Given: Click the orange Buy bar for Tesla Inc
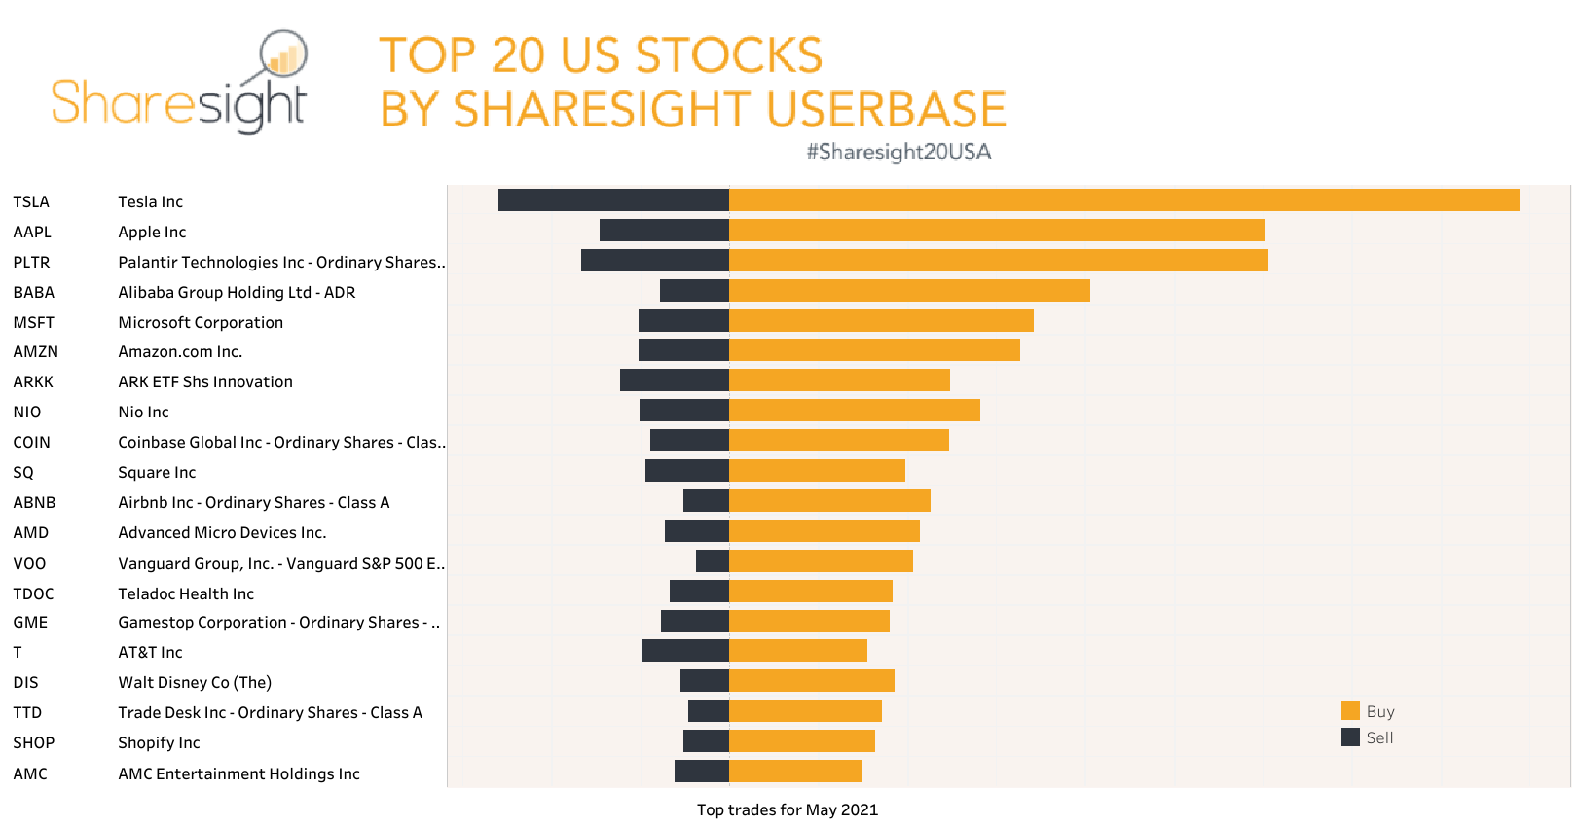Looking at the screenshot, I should [1123, 200].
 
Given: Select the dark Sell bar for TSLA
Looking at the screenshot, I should [613, 200].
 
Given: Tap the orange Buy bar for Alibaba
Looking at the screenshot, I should [909, 291].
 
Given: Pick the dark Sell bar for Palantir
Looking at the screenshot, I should [654, 261].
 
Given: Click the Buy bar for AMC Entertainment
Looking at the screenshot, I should [795, 772].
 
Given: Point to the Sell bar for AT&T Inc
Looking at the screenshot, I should [684, 651].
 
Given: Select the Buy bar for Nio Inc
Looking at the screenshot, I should [854, 411].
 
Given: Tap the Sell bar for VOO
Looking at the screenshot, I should [713, 561].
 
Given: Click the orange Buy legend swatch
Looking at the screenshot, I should [1350, 711].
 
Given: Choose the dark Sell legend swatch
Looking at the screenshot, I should [1350, 737].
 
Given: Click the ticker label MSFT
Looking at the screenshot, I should [33, 322].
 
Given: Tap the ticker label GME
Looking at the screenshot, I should [30, 623].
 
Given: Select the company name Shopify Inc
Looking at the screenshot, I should [159, 743].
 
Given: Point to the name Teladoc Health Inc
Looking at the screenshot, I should [186, 593].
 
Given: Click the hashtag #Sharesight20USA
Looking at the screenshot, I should [898, 152].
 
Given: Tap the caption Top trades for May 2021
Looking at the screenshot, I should [787, 809].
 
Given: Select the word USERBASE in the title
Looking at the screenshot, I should [886, 109].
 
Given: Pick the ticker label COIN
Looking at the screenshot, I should [31, 443].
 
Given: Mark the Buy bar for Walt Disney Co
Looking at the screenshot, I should [811, 681].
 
